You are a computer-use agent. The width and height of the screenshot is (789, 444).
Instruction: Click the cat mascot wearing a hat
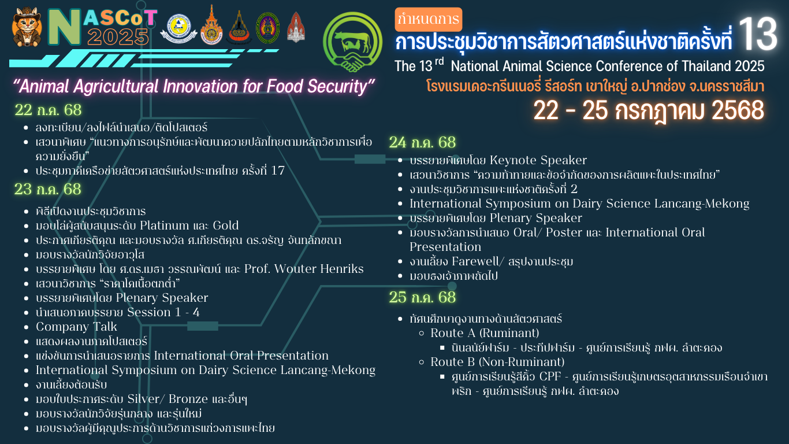click(27, 27)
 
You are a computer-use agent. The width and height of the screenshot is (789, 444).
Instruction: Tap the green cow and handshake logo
click(352, 42)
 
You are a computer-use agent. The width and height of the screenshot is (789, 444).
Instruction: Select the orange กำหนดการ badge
click(429, 19)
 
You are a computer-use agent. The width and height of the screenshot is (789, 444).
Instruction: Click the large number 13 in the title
click(758, 34)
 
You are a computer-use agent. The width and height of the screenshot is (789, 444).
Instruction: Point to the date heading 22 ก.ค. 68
click(48, 110)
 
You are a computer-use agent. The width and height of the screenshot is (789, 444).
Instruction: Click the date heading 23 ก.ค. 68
click(48, 190)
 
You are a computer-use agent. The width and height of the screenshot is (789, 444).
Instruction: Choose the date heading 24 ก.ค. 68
click(422, 142)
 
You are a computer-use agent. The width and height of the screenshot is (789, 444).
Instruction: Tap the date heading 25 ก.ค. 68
click(422, 297)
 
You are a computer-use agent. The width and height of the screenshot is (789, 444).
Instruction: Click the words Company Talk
click(76, 327)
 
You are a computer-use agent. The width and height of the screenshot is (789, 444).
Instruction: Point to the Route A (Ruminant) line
click(485, 333)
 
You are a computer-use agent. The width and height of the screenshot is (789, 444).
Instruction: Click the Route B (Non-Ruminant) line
click(497, 362)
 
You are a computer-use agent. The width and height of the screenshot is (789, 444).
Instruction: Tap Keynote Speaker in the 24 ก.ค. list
click(538, 160)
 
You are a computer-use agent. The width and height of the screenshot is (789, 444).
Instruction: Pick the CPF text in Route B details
click(550, 376)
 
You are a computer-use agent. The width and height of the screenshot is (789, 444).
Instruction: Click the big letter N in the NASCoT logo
click(64, 27)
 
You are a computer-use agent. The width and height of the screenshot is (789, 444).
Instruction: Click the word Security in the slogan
click(337, 86)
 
